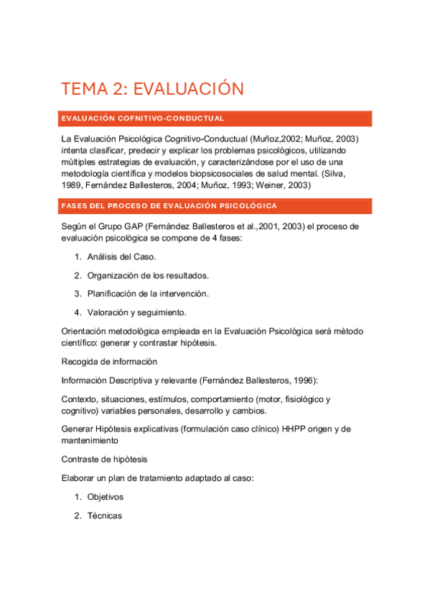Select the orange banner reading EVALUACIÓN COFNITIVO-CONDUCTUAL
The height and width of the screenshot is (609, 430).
pyautogui.click(x=143, y=118)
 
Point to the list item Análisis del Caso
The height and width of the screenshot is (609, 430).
pyautogui.click(x=121, y=256)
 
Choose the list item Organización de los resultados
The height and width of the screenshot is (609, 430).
pyautogui.click(x=148, y=275)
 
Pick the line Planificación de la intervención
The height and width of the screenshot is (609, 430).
pyautogui.click(x=148, y=294)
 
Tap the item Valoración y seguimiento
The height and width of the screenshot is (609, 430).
pyautogui.click(x=136, y=312)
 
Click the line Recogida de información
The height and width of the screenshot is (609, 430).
pyautogui.click(x=109, y=361)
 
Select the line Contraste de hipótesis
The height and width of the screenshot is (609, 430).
pyautogui.click(x=106, y=460)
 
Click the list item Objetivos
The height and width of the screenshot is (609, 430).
pyautogui.click(x=106, y=497)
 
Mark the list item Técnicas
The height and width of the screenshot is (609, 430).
pyautogui.click(x=105, y=516)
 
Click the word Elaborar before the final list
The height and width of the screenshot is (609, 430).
pyautogui.click(x=80, y=478)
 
